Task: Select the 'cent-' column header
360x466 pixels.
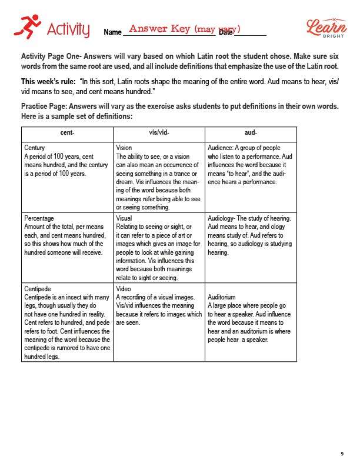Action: tap(67, 133)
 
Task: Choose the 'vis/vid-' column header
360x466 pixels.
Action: tap(159, 133)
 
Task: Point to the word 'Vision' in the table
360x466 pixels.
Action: tap(124, 148)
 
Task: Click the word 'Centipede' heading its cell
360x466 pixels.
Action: tap(38, 289)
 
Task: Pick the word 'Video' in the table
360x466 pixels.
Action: tap(124, 289)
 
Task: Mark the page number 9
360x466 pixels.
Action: tap(342, 454)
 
